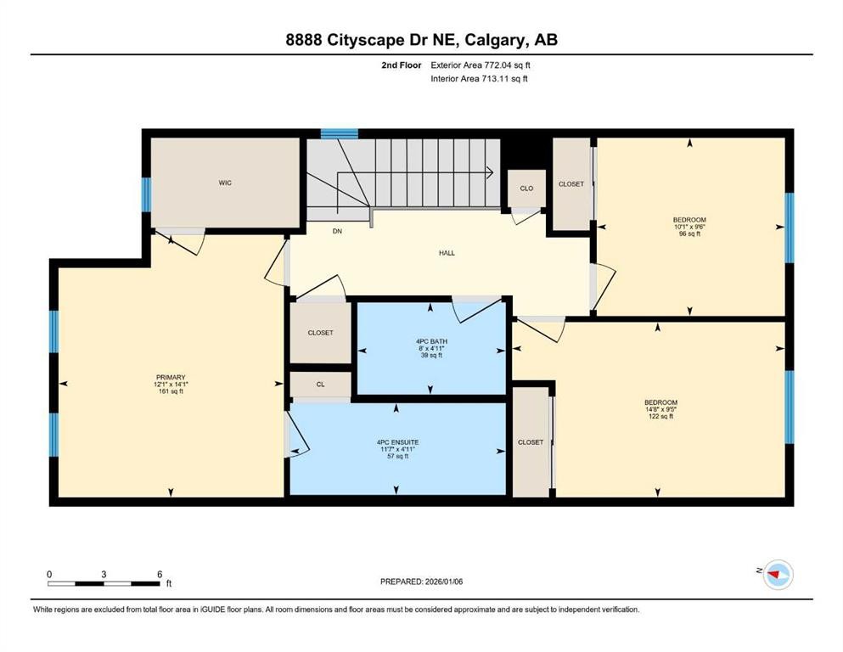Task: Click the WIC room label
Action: coord(225,183)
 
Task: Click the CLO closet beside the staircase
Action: coord(526,188)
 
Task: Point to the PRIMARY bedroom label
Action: coord(171,378)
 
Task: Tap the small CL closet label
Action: coord(320,385)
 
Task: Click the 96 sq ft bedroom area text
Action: coord(688,233)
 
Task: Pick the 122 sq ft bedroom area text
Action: coord(660,417)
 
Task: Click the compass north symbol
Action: coord(776,575)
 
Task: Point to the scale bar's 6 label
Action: coord(159,574)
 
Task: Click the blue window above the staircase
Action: coord(340,133)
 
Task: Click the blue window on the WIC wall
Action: coord(147,194)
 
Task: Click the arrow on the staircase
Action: coord(490,172)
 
